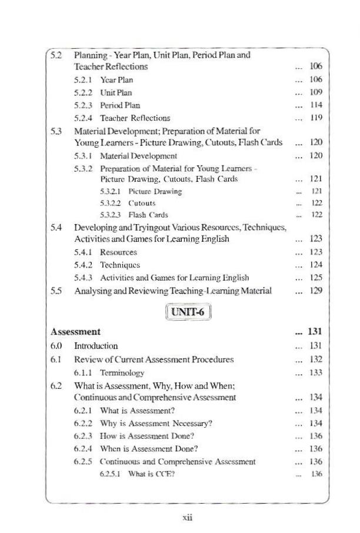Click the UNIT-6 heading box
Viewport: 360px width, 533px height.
[189, 311]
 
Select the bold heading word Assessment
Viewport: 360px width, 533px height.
[75, 332]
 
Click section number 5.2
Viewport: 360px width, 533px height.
[56, 55]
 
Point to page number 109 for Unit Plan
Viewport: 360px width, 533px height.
[316, 92]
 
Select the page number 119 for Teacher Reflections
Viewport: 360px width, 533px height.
[316, 118]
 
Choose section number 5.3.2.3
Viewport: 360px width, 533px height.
[112, 215]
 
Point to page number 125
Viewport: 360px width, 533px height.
[316, 278]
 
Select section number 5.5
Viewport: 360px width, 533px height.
[56, 291]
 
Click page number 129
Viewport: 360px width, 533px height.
[316, 291]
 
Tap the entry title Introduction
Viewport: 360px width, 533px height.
[96, 346]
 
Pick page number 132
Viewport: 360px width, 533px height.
[316, 359]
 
